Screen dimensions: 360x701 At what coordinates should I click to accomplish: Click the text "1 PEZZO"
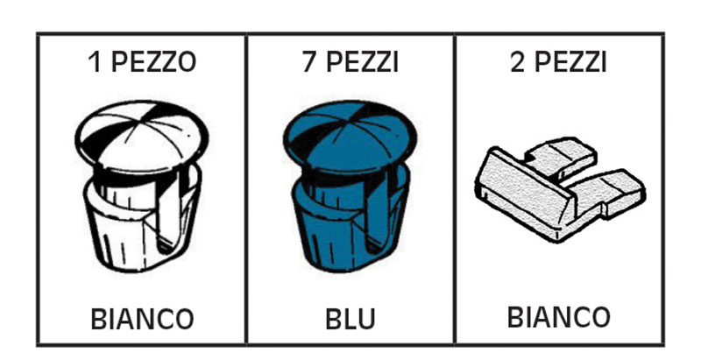[x=142, y=63]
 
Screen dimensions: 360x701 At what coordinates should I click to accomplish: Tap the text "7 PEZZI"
[x=350, y=63]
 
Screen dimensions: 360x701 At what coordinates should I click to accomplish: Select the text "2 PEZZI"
[x=558, y=63]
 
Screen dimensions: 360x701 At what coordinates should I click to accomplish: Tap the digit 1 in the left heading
[x=94, y=63]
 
